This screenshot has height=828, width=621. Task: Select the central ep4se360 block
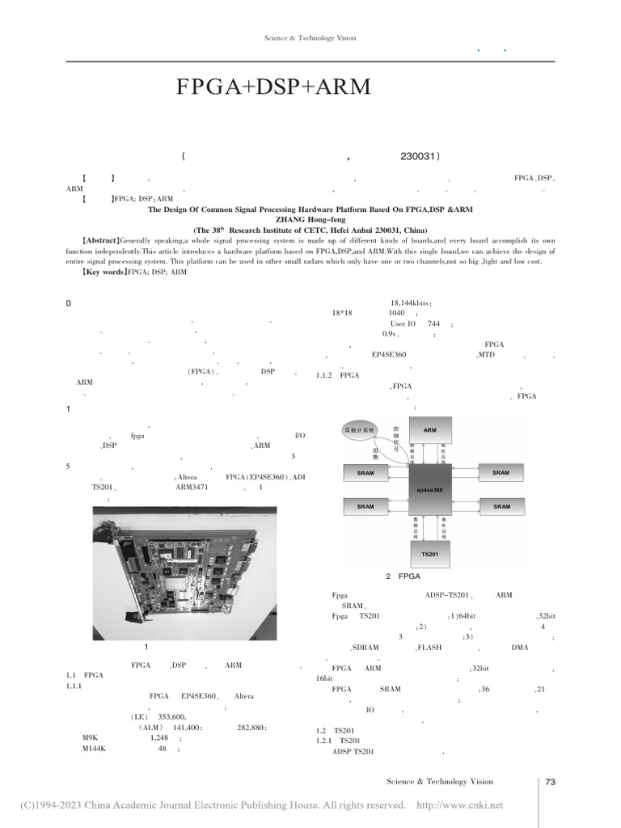tap(429, 490)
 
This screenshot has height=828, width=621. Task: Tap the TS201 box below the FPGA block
tap(429, 554)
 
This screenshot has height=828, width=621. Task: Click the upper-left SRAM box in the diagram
tap(365, 472)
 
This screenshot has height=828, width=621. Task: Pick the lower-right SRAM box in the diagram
tap(501, 507)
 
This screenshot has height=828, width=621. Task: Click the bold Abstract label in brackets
tap(99, 241)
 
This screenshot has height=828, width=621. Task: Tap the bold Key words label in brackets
tap(103, 272)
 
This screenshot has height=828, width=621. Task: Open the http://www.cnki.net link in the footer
tap(459, 805)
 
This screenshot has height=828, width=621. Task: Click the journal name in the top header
tap(310, 38)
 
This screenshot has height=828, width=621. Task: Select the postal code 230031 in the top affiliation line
tap(420, 157)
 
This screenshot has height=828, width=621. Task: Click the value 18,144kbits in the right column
tap(411, 302)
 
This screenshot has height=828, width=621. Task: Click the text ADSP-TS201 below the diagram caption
tap(448, 595)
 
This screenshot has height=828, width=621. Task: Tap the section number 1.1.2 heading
tap(327, 374)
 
